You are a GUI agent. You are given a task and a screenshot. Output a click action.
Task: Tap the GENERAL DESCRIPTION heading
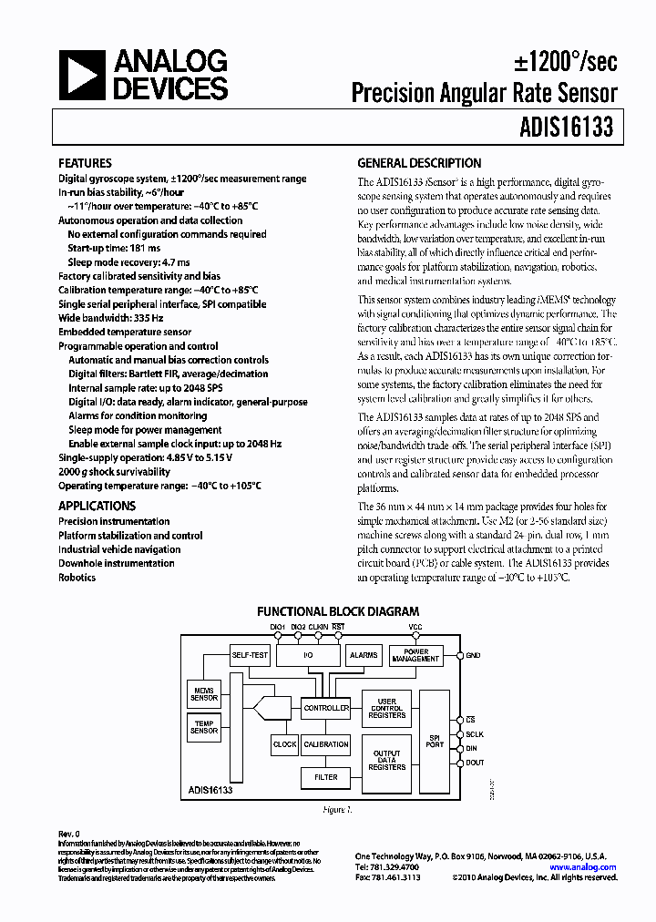point(419,164)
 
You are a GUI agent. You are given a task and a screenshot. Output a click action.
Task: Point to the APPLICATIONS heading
point(97,506)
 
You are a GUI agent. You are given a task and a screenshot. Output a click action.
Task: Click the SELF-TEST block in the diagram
point(250,654)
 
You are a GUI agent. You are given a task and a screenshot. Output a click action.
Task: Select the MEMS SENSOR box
point(204,694)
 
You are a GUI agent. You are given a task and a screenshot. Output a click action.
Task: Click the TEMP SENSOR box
point(204,726)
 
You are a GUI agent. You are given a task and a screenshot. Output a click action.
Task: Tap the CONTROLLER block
point(325,708)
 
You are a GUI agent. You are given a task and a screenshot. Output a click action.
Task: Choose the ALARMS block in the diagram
point(364,654)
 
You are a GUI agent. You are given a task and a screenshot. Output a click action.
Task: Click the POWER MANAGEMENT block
point(415,655)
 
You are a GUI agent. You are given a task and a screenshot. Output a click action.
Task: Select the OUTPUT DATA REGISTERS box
point(387,761)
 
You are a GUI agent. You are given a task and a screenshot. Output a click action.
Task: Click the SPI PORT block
point(435,740)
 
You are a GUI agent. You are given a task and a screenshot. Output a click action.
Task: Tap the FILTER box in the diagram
point(325,777)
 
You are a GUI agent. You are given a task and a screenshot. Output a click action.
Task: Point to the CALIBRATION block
point(325,744)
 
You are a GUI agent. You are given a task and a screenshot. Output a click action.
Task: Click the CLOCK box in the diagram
point(284,744)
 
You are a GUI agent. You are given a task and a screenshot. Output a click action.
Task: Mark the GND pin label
point(473,655)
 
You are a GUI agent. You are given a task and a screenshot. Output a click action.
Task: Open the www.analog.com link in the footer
point(584,867)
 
